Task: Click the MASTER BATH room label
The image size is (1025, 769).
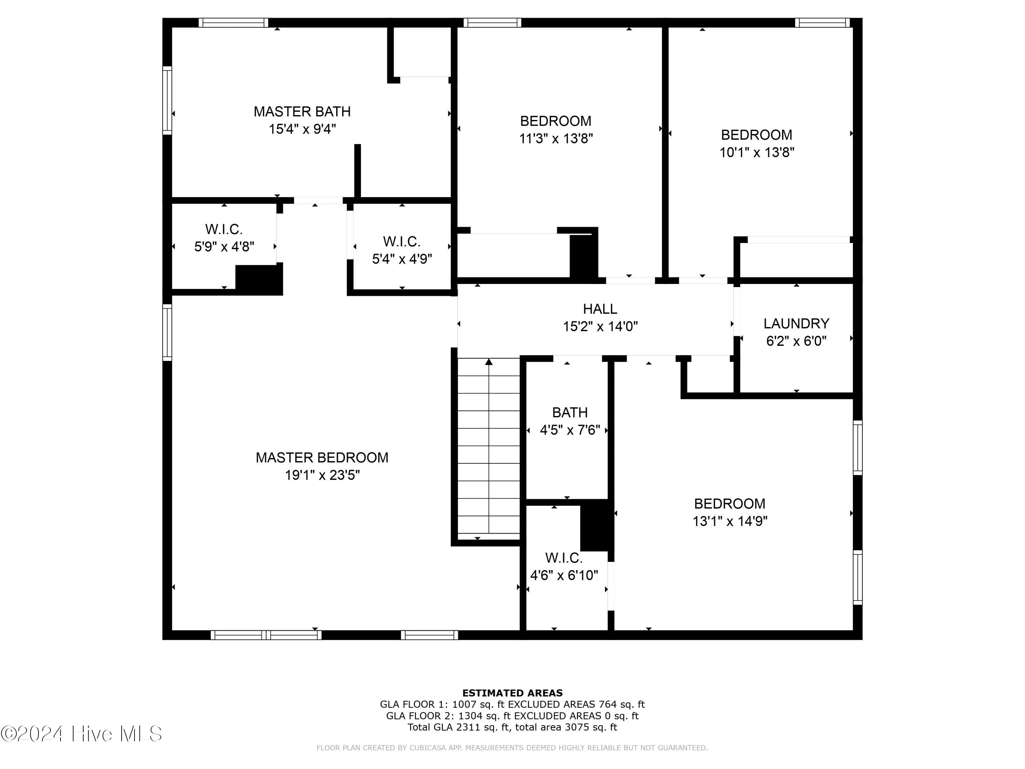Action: [x=302, y=112]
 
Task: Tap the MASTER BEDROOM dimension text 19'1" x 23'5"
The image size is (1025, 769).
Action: [x=322, y=475]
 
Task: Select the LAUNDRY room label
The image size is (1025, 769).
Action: [x=796, y=324]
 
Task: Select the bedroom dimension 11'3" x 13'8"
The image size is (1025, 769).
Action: [x=556, y=139]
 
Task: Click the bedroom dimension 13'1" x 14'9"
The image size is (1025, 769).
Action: [x=729, y=522]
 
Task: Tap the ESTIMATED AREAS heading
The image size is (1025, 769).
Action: [x=512, y=693]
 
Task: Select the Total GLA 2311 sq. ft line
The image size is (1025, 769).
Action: [x=512, y=727]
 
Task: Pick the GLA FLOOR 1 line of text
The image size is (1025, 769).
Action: [x=512, y=704]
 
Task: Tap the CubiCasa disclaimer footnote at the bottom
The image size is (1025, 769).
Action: [x=512, y=748]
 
